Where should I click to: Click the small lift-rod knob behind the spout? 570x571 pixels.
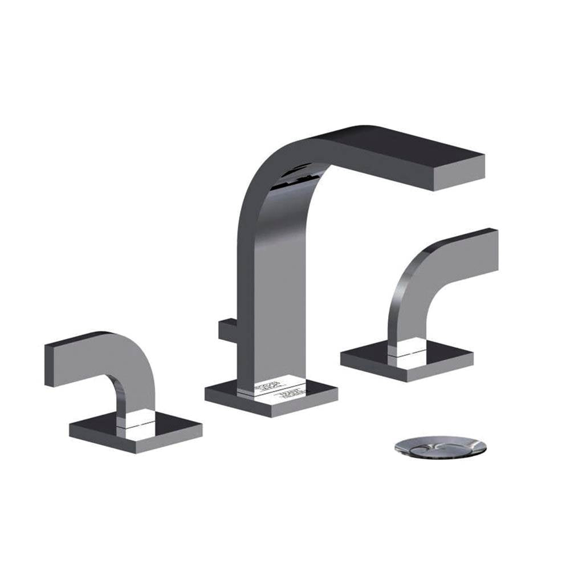[x=226, y=331]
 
